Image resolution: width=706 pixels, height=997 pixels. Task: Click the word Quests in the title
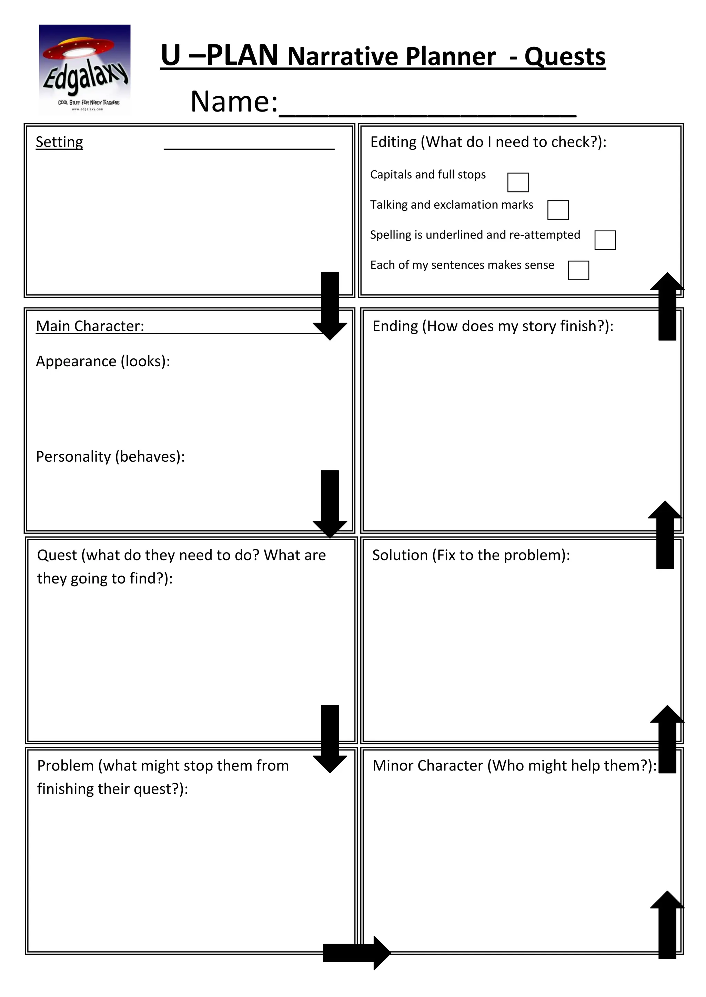pyautogui.click(x=565, y=57)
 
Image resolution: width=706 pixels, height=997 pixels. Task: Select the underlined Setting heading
pyautogui.click(x=59, y=142)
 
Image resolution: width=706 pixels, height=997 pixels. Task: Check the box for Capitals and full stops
pyautogui.click(x=518, y=182)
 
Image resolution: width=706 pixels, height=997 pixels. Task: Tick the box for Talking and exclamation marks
pyautogui.click(x=558, y=210)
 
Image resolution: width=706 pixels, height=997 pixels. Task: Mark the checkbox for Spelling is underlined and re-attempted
pyautogui.click(x=605, y=240)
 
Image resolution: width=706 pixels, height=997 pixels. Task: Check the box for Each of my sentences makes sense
pyautogui.click(x=578, y=270)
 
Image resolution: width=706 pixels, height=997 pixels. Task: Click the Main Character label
pyautogui.click(x=90, y=326)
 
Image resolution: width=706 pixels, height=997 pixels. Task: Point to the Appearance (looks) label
pyautogui.click(x=103, y=361)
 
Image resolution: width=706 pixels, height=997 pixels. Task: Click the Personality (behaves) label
pyautogui.click(x=110, y=457)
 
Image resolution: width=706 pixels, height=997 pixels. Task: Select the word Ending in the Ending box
pyautogui.click(x=395, y=326)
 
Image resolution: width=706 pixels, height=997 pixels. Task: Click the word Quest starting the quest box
pyautogui.click(x=57, y=555)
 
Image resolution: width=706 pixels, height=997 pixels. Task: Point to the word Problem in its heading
pyautogui.click(x=65, y=766)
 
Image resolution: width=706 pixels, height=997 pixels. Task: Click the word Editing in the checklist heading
pyautogui.click(x=393, y=142)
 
